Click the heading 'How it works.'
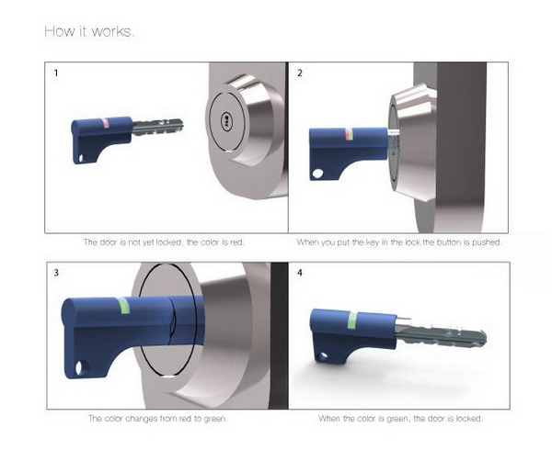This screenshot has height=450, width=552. click(x=89, y=31)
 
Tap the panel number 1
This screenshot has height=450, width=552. click(x=56, y=73)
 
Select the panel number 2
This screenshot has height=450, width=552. click(x=300, y=73)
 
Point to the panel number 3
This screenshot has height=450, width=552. click(x=56, y=273)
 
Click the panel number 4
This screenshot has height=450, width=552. click(x=300, y=273)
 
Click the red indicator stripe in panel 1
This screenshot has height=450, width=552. click(x=106, y=124)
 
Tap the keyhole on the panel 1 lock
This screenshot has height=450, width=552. click(x=225, y=120)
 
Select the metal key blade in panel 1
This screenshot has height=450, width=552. click(x=157, y=127)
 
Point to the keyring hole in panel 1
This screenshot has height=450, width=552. click(x=81, y=159)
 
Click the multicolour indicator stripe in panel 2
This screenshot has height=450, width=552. click(x=349, y=135)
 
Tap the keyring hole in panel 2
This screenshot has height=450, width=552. click(x=317, y=174)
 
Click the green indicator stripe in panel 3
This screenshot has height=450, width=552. click(x=123, y=305)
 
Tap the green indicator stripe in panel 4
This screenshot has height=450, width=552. click(x=352, y=320)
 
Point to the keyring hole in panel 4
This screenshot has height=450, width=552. click(x=322, y=357)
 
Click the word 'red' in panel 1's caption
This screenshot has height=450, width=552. click(x=236, y=242)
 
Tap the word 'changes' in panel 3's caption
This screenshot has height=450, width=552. click(x=142, y=419)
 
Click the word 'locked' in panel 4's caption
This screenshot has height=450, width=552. click(x=469, y=419)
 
